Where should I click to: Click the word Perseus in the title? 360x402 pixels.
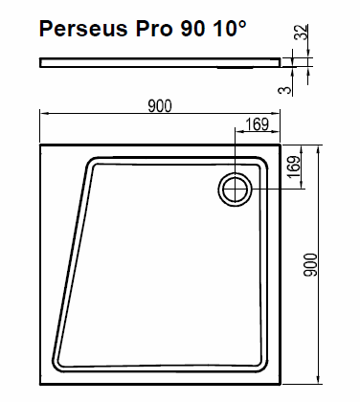tap(83, 29)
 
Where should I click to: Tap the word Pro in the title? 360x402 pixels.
tap(154, 29)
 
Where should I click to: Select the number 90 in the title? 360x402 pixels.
tap(192, 29)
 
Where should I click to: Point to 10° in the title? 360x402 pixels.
tap(229, 29)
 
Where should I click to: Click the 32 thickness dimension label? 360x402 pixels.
tap(302, 32)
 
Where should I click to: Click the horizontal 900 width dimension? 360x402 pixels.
tap(160, 106)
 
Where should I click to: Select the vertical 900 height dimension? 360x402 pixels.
tap(310, 265)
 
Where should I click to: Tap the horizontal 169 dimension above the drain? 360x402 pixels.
tap(258, 124)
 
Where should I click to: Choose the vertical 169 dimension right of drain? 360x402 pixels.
tap(294, 167)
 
